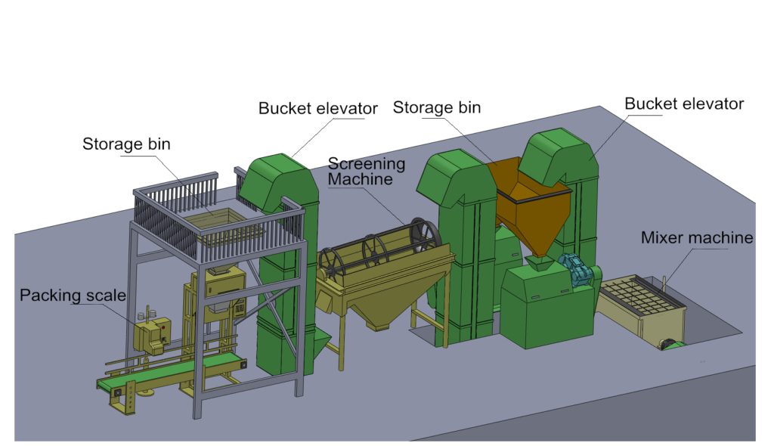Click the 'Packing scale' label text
click(73, 295)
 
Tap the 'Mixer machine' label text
click(696, 238)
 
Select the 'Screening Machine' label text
click(367, 171)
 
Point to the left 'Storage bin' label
click(126, 144)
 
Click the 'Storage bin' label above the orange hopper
click(436, 107)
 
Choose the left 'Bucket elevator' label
click(317, 109)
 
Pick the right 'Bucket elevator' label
click(684, 104)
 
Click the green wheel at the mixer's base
click(669, 345)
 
